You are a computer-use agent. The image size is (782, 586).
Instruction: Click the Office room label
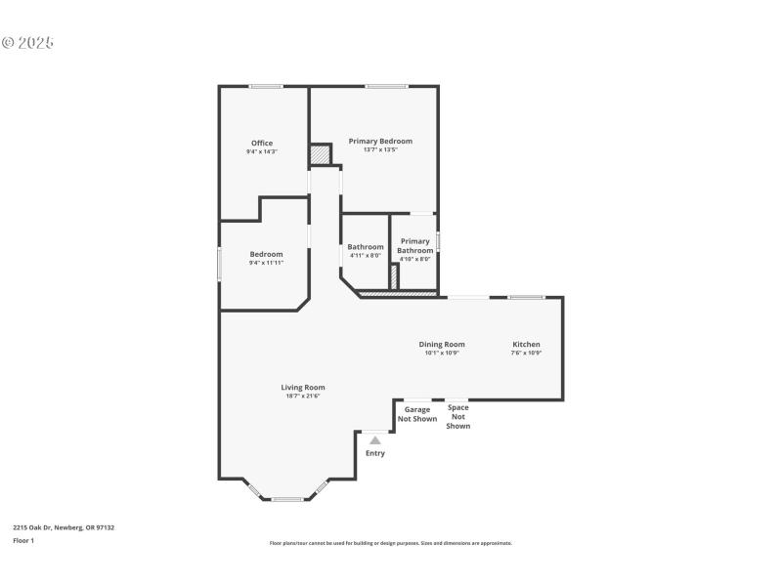point(262,144)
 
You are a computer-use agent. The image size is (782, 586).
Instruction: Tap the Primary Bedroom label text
point(380,141)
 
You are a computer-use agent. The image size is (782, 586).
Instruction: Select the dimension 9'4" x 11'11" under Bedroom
point(265,263)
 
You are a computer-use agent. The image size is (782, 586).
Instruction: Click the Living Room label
point(303,387)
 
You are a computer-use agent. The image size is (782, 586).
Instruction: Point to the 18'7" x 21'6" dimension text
point(303,396)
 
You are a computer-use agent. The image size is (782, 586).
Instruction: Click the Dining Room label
point(442,344)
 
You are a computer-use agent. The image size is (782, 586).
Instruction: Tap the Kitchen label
point(526,344)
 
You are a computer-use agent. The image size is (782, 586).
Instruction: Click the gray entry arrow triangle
point(375,440)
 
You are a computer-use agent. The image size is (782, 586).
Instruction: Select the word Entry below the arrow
point(375,453)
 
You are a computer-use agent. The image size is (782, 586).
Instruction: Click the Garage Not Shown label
point(417,414)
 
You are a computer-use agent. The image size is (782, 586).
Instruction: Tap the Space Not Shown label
point(458,416)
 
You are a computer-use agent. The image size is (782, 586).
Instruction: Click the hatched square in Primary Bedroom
point(320,154)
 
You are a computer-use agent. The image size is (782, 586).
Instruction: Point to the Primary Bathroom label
point(414,246)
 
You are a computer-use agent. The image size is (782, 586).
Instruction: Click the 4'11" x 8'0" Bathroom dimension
point(366,256)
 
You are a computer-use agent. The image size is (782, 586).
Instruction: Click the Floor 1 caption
point(23,540)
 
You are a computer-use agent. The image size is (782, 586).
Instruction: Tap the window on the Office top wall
point(266,86)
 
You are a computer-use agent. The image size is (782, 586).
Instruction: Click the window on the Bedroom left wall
point(219,265)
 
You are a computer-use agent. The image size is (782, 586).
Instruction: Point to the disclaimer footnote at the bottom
point(391,543)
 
